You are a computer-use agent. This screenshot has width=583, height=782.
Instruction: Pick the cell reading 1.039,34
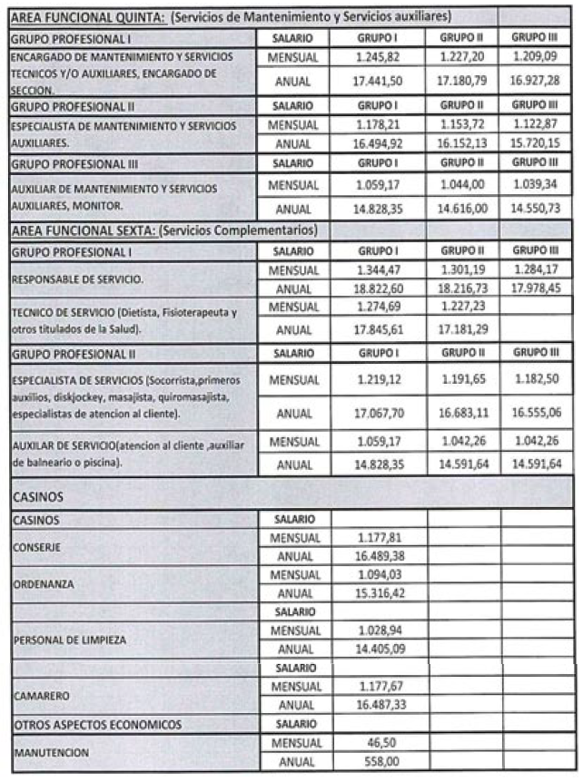coord(535,185)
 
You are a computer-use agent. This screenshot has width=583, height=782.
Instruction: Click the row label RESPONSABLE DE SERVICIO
coord(70,279)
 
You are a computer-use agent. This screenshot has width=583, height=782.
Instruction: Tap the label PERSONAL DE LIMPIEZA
coord(67,640)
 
